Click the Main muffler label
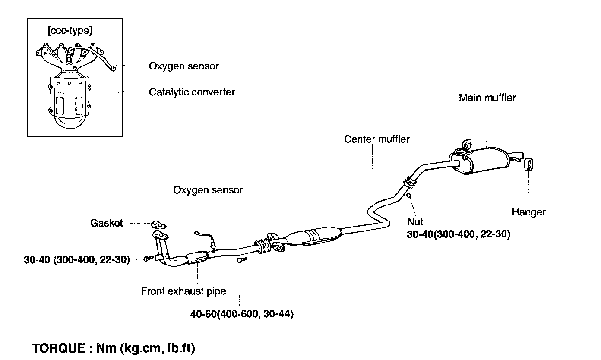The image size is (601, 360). [x=487, y=98]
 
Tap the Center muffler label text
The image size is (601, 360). [x=377, y=139]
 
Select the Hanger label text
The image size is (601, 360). [x=528, y=212]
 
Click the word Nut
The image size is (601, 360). [x=415, y=222]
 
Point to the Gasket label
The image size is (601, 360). [x=106, y=223]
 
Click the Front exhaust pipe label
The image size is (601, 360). [x=183, y=291]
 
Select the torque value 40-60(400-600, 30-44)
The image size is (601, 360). [x=242, y=314]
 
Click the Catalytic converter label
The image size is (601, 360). [x=192, y=92]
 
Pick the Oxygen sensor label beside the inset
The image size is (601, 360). [x=184, y=66]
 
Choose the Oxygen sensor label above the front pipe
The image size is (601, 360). [x=208, y=190]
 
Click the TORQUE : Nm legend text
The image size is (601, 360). [x=114, y=348]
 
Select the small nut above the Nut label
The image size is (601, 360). [x=408, y=196]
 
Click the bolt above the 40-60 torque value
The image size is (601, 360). [x=241, y=260]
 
